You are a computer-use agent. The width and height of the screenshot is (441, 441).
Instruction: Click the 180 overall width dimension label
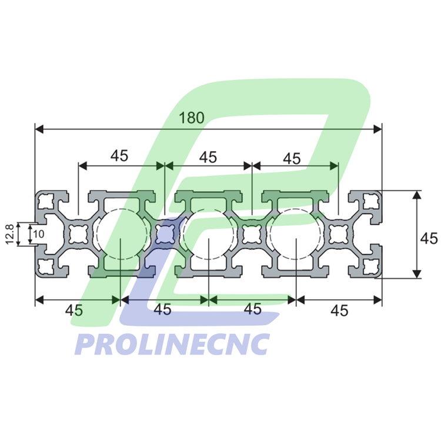[x=192, y=118]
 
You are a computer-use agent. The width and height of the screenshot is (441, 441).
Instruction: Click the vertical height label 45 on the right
[x=429, y=238]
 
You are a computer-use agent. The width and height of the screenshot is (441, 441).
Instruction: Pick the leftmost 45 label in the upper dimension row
[x=119, y=156]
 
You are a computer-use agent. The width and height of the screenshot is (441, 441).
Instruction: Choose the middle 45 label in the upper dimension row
[x=208, y=157]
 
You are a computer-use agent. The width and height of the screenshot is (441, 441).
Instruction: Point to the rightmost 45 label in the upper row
[x=292, y=158]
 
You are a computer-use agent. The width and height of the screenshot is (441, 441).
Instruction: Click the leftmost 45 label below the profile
[x=74, y=310]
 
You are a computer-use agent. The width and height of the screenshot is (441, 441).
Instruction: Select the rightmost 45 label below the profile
[x=340, y=310]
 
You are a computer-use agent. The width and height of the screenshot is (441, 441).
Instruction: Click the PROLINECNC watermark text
[x=172, y=344]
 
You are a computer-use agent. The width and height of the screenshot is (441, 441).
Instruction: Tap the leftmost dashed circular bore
[x=120, y=235]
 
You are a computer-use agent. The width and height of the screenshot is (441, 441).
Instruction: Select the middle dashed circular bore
[x=208, y=235]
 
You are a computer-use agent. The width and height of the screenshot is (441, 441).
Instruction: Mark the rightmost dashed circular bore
[x=295, y=235]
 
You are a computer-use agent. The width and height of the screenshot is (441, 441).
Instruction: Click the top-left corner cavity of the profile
[x=45, y=202]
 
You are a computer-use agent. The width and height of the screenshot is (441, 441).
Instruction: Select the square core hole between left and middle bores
[x=164, y=235]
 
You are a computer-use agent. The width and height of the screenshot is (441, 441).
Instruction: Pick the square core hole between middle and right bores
[x=252, y=235]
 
